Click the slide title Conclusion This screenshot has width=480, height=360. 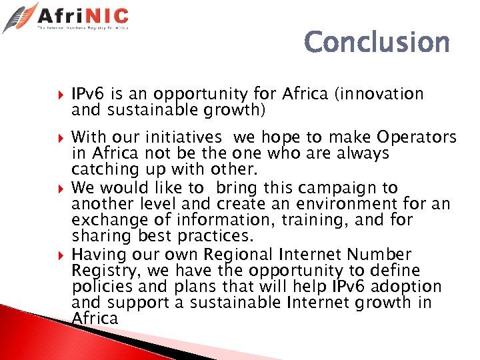(x=377, y=43)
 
